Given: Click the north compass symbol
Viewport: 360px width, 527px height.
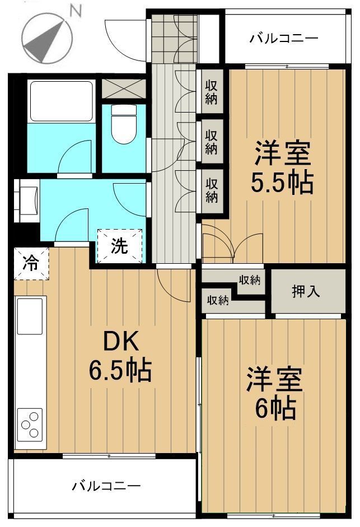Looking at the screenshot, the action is point(47,38).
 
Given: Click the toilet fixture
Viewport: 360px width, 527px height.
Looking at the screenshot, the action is point(124,124).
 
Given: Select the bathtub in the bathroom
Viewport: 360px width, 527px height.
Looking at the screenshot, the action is point(61,101).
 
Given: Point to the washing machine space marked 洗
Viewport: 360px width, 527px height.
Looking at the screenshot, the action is point(119,246).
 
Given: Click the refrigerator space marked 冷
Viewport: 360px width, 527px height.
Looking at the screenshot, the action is point(31,263).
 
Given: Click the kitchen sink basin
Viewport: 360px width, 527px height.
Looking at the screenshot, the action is point(30,316).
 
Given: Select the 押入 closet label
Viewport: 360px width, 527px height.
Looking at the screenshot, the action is point(306,291).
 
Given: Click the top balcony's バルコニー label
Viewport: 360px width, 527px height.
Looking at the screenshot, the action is point(284,38).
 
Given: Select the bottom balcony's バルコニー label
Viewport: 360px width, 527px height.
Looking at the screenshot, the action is point(106,486).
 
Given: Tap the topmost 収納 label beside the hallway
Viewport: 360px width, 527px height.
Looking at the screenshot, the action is point(212,92).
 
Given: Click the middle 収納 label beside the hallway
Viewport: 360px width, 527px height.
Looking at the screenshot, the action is point(212,142).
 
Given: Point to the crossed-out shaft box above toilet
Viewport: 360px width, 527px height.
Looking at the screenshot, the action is point(123,88).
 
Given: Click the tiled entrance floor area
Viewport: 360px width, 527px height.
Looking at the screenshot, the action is point(174,38).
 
